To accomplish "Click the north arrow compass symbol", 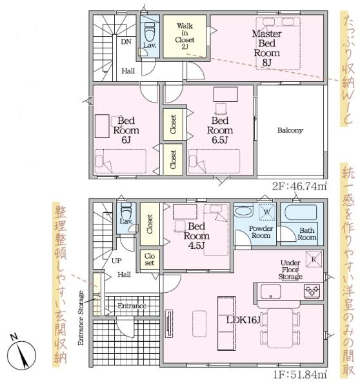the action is point(21,354).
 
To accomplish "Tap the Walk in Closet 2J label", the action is point(185,36).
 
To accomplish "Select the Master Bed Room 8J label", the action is point(266,48).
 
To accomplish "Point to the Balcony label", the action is point(290,130).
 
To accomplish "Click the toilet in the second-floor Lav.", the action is point(150,32).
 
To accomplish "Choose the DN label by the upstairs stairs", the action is point(126,42).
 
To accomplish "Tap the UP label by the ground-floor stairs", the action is point(116,261).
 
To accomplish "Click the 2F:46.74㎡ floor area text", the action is point(300,186).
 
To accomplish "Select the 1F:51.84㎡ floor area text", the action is point(300,374).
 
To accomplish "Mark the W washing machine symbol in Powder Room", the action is point(266,212).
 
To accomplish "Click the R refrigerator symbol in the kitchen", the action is point(314,259).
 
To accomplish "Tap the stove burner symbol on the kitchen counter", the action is point(312,290).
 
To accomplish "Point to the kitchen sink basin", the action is point(270,292).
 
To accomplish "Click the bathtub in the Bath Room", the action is point(301,212).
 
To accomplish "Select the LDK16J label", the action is point(243,320).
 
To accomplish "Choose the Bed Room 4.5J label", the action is point(197,236).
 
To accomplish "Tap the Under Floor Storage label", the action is point(290,270).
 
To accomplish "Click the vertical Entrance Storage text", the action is point(81,318).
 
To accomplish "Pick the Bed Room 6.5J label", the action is point(220,130).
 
